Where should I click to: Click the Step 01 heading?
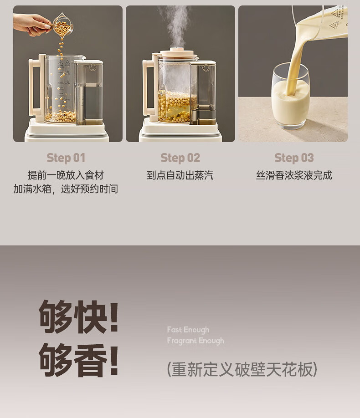click(x=66, y=158)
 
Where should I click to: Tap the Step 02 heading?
click(x=180, y=158)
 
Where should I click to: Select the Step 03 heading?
click(x=294, y=158)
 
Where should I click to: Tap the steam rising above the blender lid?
click(x=175, y=25)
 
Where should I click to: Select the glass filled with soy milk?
click(x=291, y=96)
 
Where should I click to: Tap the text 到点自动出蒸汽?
click(x=180, y=175)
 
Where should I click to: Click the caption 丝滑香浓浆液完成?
click(x=294, y=175)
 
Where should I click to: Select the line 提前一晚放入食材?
click(x=66, y=175)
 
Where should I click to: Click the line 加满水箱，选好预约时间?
click(x=66, y=189)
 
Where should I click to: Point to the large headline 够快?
click(x=79, y=317)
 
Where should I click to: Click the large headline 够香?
click(x=79, y=360)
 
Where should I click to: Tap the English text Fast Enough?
click(x=188, y=330)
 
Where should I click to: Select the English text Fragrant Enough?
click(x=195, y=341)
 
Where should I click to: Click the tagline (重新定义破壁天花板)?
click(x=242, y=369)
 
